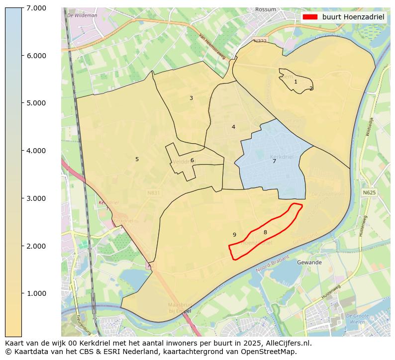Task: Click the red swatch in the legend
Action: point(309,17)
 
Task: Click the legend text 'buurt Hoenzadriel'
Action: point(353,17)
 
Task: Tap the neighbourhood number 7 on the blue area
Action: point(274,161)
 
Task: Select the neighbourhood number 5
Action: point(137,159)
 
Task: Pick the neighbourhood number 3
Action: point(191,98)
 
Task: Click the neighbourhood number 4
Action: point(233,127)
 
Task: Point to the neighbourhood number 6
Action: point(192,160)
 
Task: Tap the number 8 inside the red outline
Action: point(265,232)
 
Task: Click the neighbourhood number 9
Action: point(234,235)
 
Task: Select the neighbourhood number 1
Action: point(296,82)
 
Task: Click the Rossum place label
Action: point(265,9)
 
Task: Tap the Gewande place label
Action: point(309,262)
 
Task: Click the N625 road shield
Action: point(369,192)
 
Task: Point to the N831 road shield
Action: point(153,192)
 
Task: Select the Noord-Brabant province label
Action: point(273,264)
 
